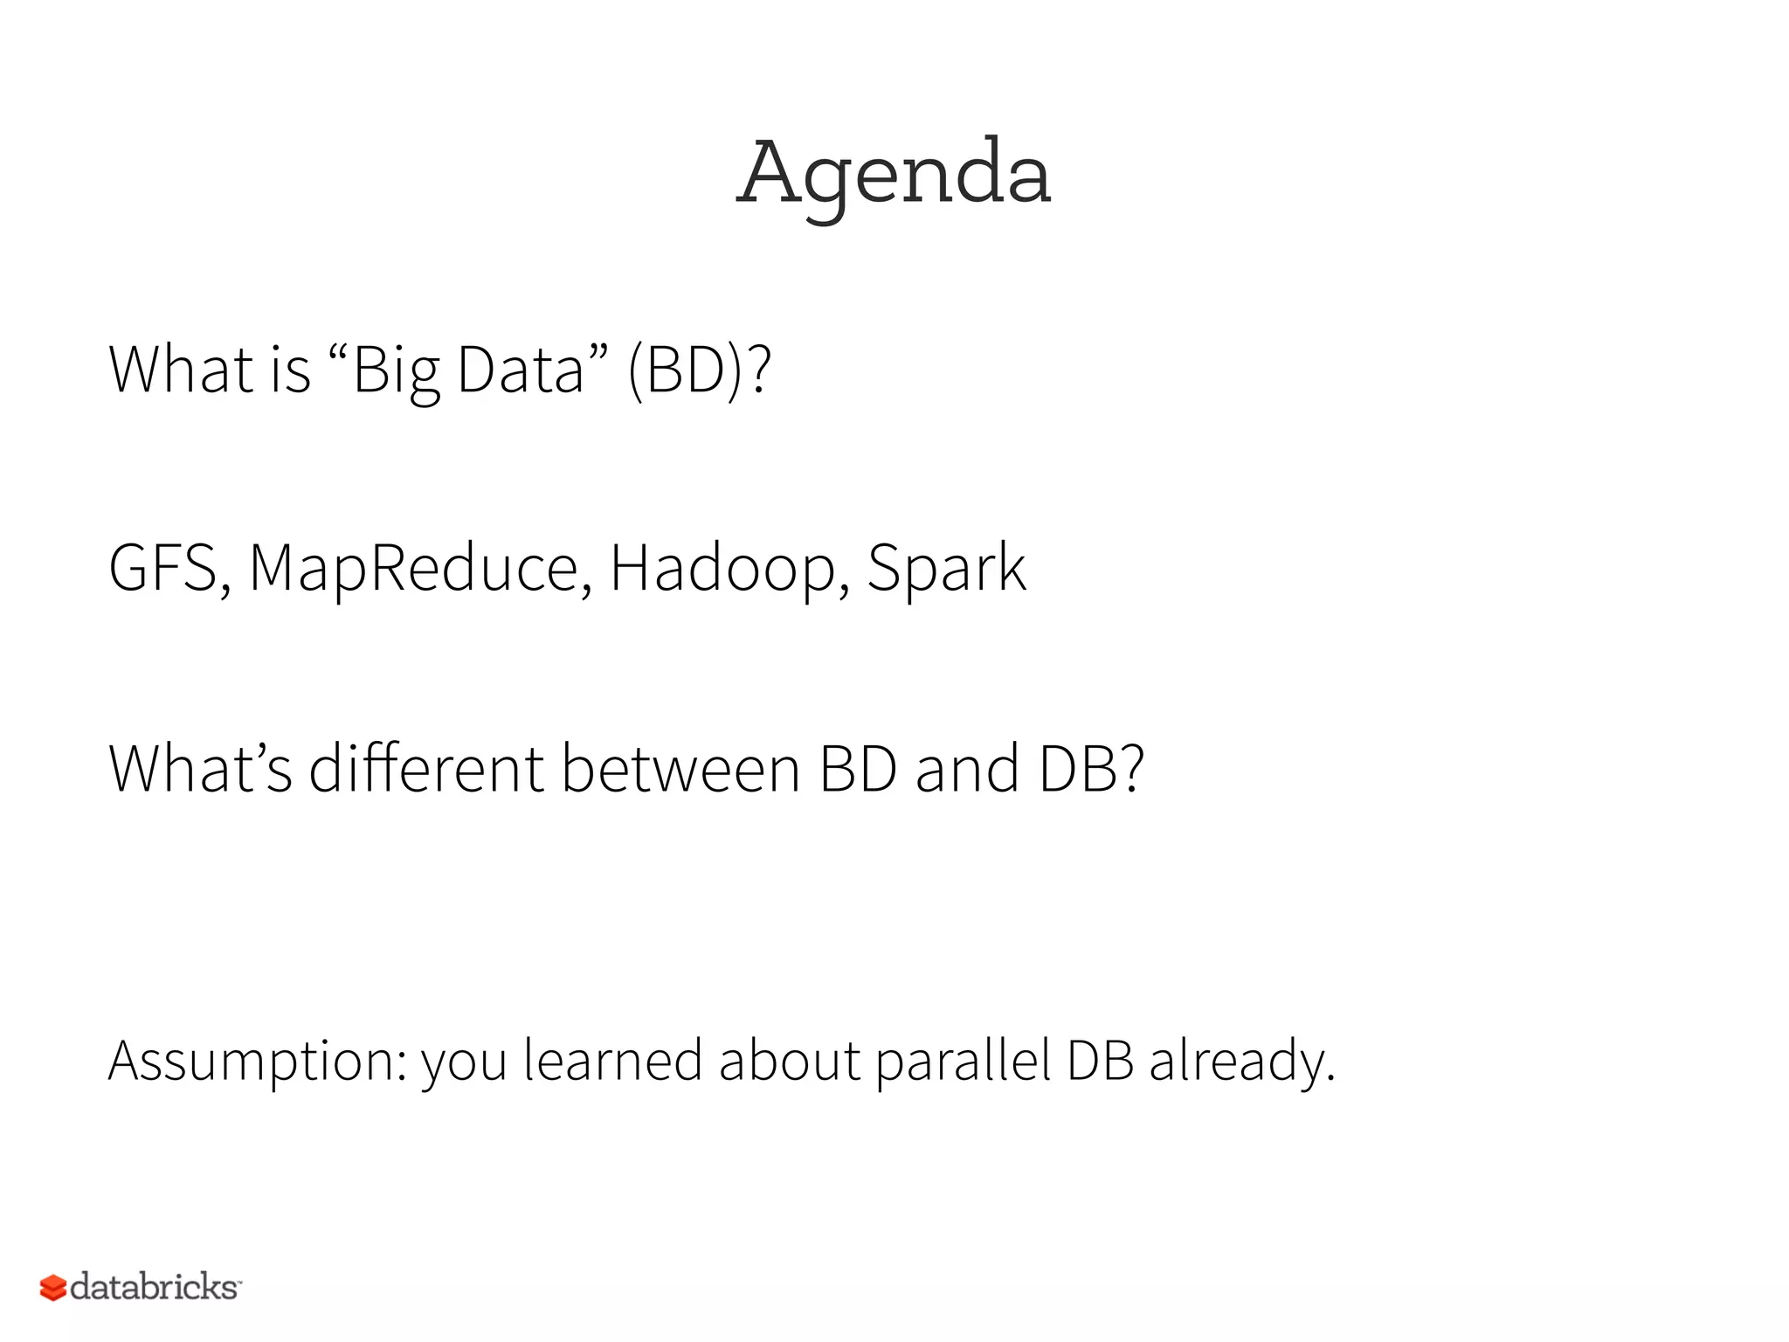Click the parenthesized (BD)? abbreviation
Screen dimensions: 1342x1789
[x=699, y=370]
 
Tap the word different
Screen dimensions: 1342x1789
[x=426, y=769]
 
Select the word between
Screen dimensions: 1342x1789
[x=680, y=769]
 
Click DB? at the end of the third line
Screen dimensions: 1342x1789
[x=1091, y=769]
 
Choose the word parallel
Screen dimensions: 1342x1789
[x=963, y=1062]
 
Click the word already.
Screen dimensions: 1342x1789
[x=1241, y=1062]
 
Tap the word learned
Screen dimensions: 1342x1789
[x=612, y=1062]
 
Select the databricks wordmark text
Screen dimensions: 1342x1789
[x=154, y=1287]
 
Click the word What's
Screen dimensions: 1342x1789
[x=200, y=769]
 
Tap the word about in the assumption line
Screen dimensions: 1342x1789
[x=790, y=1062]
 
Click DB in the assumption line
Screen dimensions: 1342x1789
[x=1100, y=1062]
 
